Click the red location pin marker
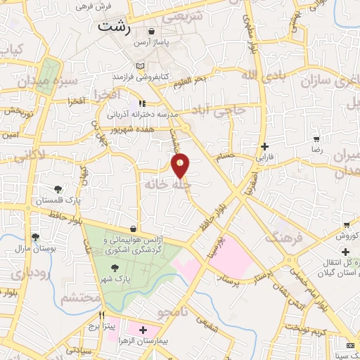181,166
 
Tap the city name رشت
114,27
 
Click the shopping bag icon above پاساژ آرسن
152,32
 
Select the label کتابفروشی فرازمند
142,75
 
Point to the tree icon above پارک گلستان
58,188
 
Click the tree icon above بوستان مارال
35,237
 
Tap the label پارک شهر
115,279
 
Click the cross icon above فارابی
264,146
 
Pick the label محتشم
77,297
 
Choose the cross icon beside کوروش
345,252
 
